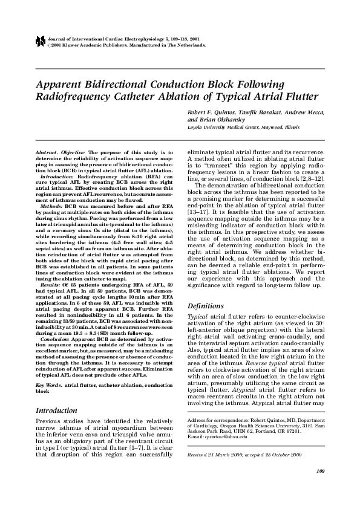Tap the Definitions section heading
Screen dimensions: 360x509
(x=207, y=306)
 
